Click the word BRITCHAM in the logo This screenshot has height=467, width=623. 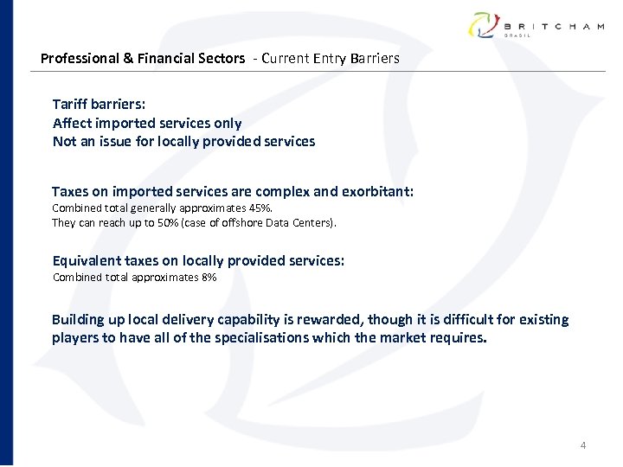coord(554,27)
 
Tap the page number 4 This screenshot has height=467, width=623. coord(582,445)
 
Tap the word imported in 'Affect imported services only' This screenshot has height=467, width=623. coord(125,123)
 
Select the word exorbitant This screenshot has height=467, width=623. coord(374,191)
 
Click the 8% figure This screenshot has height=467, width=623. coord(208,278)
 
